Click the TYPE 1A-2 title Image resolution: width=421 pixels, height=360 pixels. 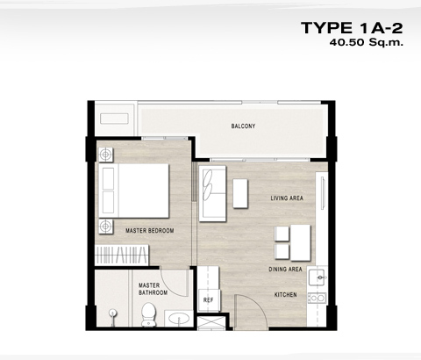click(x=352, y=28)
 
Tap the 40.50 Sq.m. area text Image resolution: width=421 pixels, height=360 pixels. click(x=367, y=42)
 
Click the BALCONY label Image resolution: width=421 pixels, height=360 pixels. click(x=243, y=126)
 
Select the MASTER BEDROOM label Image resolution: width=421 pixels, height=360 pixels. click(x=150, y=231)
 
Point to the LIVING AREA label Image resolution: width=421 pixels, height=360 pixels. click(x=287, y=198)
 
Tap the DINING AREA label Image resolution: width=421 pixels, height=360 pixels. click(x=285, y=269)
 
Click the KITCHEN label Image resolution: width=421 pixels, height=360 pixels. click(x=286, y=295)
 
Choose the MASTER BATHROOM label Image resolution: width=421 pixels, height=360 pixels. click(x=153, y=289)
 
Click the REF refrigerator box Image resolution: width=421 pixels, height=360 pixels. click(x=209, y=300)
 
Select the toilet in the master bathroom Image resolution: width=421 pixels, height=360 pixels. click(x=148, y=314)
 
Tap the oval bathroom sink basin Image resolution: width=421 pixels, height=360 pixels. click(x=179, y=319)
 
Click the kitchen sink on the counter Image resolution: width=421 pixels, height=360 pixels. click(x=318, y=277)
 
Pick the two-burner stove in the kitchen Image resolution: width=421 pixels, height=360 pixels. click(x=318, y=298)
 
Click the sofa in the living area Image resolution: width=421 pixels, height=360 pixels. click(x=212, y=194)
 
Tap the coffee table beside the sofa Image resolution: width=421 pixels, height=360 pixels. click(x=240, y=194)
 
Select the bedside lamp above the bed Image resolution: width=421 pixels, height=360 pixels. click(x=105, y=155)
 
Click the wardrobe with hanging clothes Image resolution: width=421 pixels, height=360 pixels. click(x=122, y=255)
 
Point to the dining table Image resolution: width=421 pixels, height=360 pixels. click(x=300, y=242)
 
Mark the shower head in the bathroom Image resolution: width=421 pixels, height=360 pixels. click(x=113, y=313)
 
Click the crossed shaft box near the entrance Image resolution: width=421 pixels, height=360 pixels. click(x=211, y=323)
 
